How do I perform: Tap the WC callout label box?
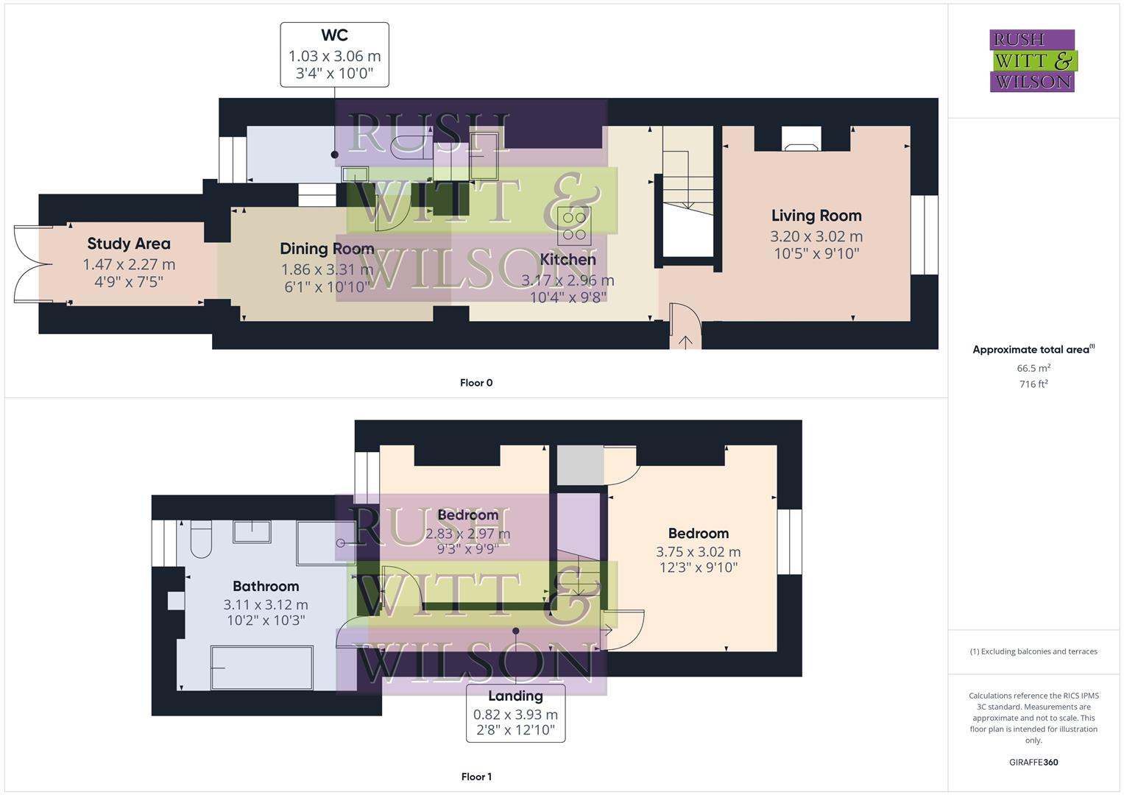click(x=334, y=54)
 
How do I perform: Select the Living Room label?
click(x=816, y=216)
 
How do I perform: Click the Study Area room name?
click(x=129, y=244)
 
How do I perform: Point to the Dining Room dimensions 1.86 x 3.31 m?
click(x=327, y=269)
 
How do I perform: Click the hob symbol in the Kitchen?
click(x=573, y=226)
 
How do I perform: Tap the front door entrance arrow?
click(x=685, y=341)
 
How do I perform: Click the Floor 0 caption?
click(x=476, y=383)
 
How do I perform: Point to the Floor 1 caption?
click(x=476, y=777)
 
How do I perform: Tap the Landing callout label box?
click(x=515, y=713)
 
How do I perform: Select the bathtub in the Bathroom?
click(x=262, y=668)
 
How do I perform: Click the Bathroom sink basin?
click(x=252, y=531)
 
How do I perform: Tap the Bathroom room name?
click(x=266, y=587)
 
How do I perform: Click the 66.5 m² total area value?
click(x=1033, y=368)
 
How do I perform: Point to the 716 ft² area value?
click(x=1033, y=384)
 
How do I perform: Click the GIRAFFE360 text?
click(x=1033, y=763)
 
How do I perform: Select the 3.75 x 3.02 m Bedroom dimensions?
click(x=698, y=552)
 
